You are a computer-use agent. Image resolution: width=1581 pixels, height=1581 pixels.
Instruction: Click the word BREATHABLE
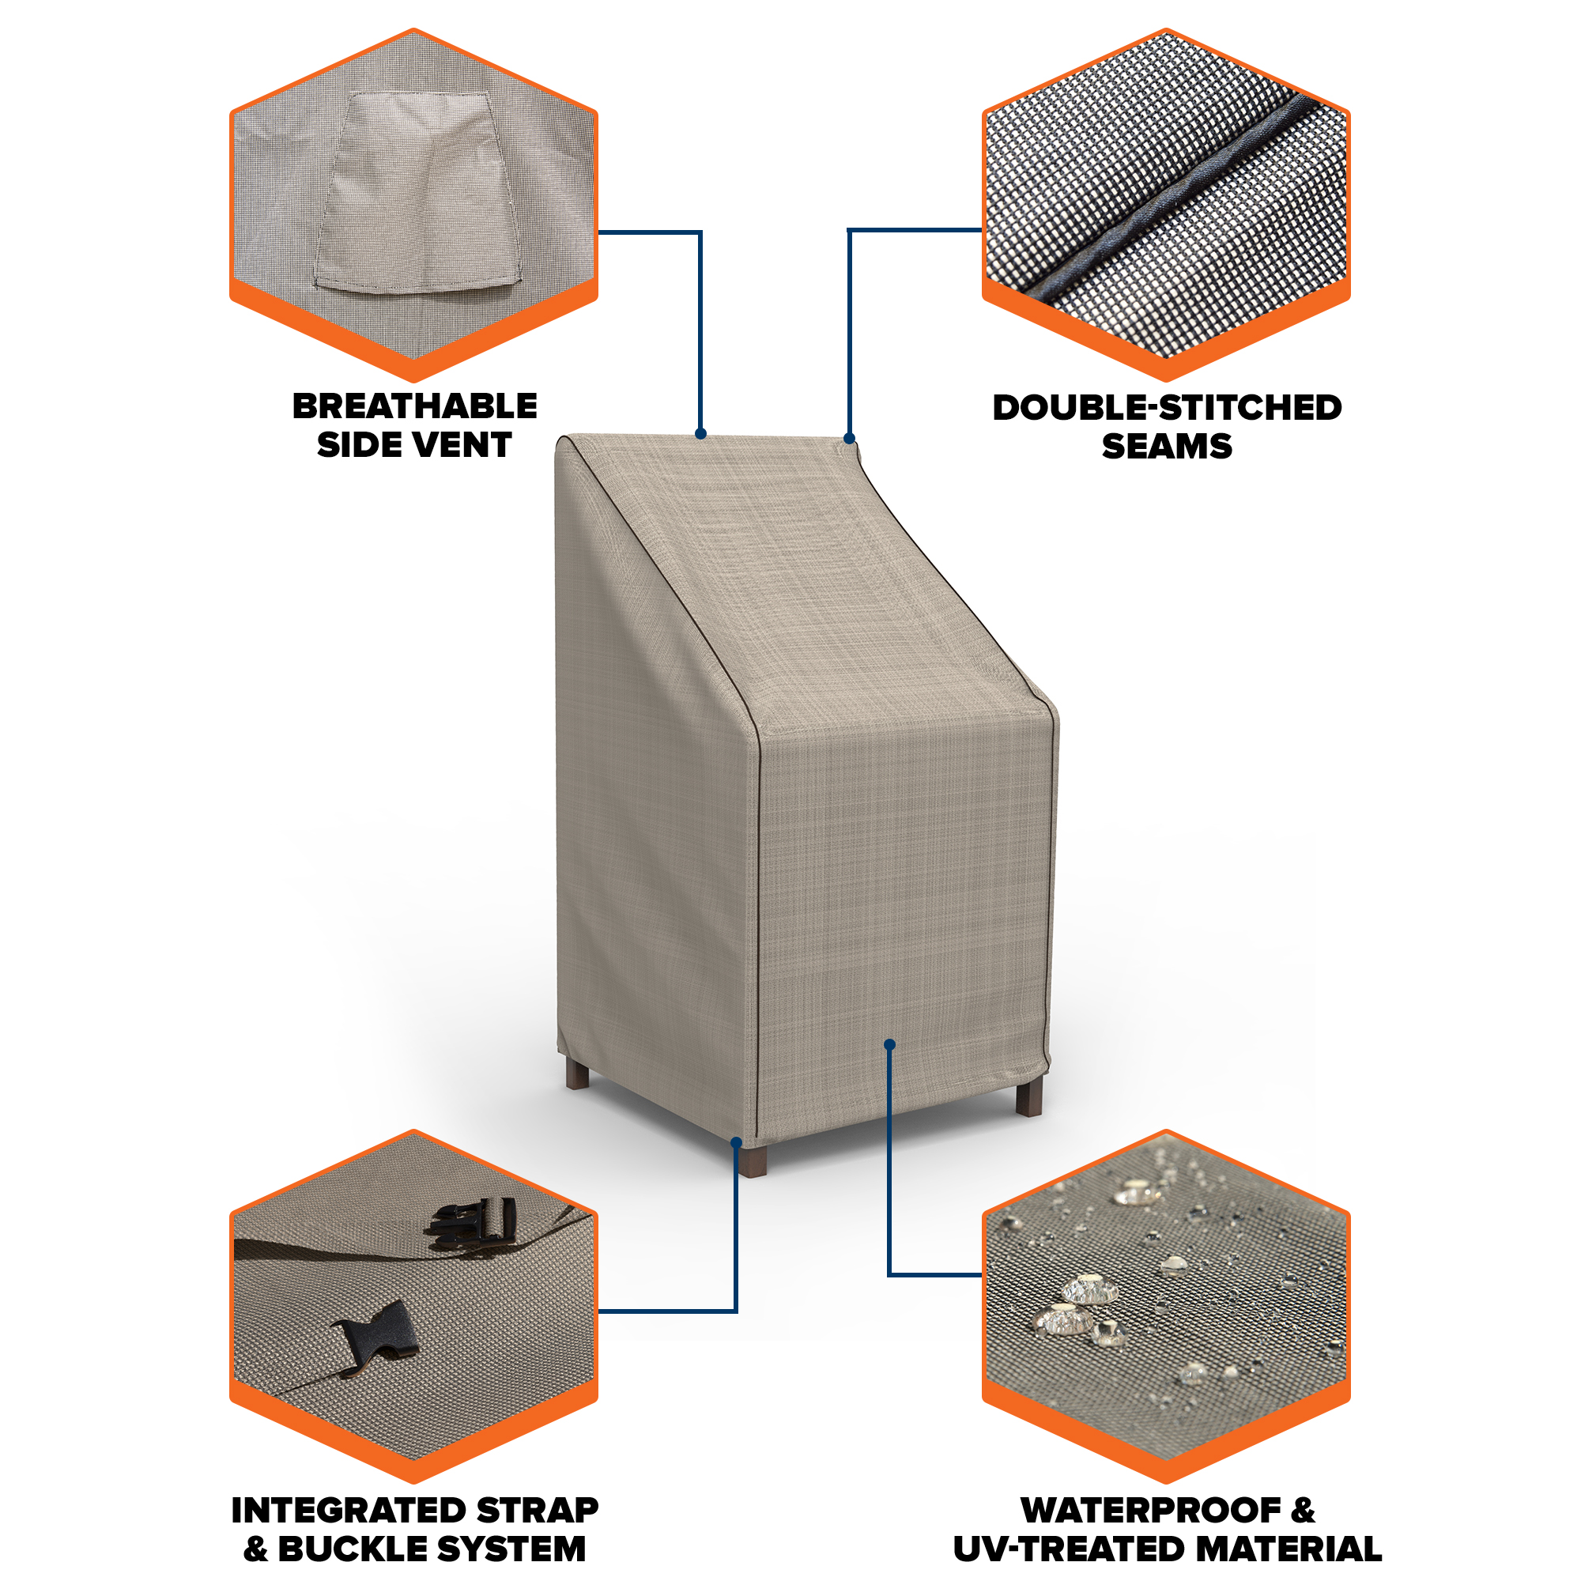[415, 406]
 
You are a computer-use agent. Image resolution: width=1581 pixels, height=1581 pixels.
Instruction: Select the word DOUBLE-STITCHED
[1167, 408]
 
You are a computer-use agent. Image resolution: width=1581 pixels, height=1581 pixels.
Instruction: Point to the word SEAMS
[1167, 447]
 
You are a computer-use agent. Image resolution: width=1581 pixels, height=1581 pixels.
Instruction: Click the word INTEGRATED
[349, 1511]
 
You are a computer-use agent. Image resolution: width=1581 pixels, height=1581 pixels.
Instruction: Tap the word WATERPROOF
[1152, 1511]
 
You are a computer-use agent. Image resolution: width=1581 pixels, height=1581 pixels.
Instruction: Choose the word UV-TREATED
[1061, 1550]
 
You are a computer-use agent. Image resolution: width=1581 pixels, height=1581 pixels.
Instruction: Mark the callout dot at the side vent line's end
[700, 434]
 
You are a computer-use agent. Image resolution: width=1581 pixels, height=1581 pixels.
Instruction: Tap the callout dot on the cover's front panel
[889, 1044]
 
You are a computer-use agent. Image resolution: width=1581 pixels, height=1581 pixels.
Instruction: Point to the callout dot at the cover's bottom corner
[737, 1142]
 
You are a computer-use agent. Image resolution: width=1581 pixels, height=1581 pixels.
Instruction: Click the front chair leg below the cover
[753, 1160]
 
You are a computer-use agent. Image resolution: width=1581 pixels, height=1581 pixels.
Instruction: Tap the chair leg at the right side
[1028, 1097]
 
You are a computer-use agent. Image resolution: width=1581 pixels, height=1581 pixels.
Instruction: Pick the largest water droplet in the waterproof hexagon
[1090, 1291]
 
